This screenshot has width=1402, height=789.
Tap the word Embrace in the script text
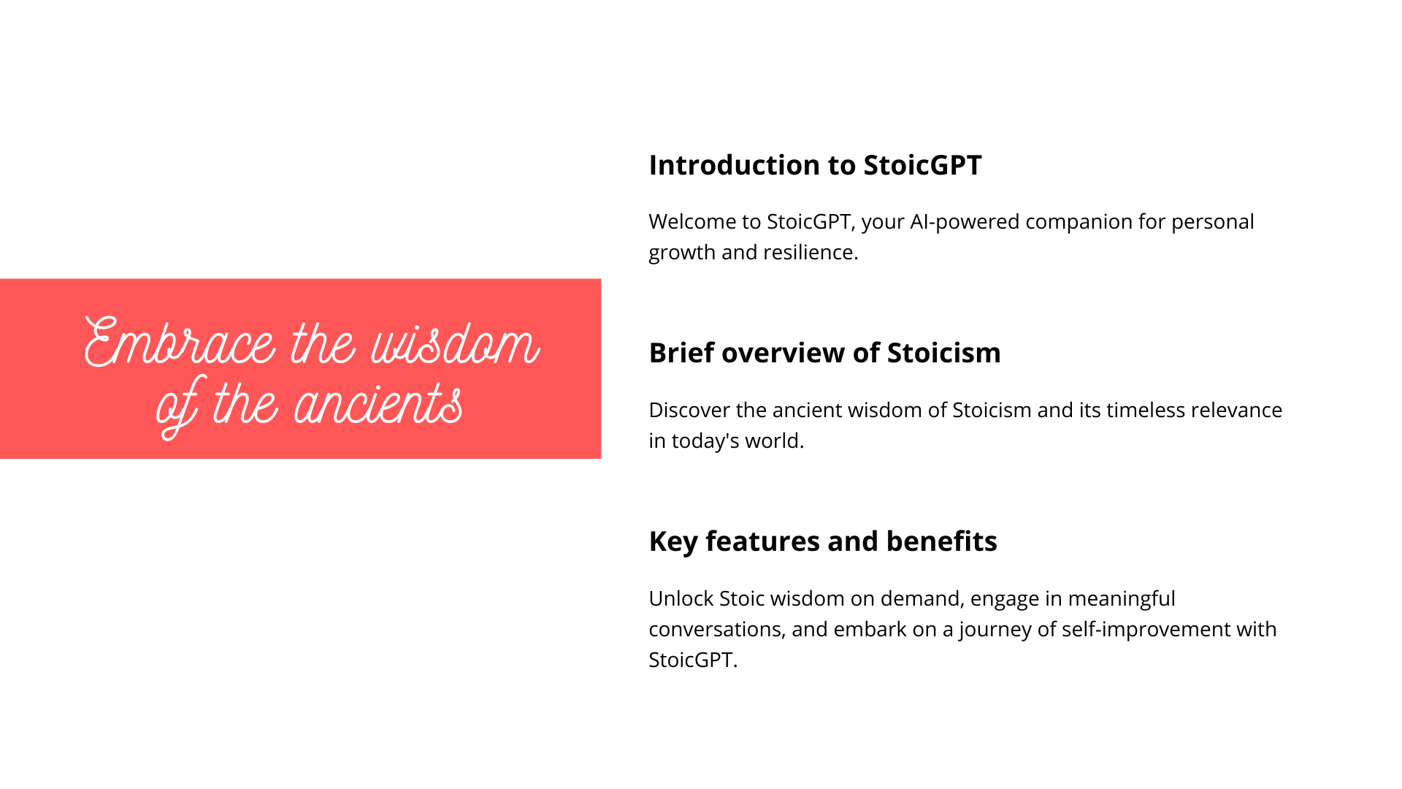click(180, 343)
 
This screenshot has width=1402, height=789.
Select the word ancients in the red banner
click(378, 403)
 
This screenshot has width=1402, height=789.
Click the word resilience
click(811, 252)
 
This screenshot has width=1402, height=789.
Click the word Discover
click(689, 410)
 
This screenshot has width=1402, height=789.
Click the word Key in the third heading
click(673, 542)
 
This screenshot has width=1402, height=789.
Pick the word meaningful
click(1122, 599)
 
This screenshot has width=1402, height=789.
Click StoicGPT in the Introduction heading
click(922, 165)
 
